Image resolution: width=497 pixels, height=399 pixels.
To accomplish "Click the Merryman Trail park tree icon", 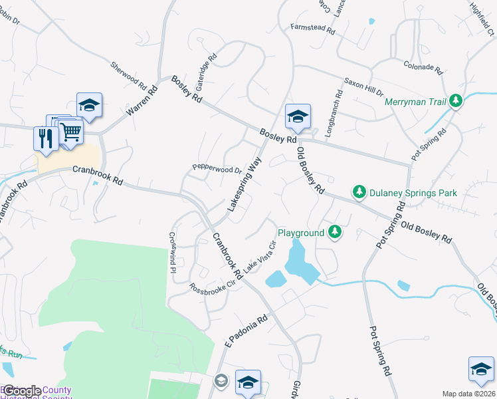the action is (x=455, y=101).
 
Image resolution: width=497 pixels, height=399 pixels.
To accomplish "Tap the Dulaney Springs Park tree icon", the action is (x=359, y=192).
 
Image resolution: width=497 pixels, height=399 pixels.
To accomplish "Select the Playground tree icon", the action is (x=336, y=232).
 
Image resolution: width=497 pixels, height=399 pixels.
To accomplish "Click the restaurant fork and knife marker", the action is (x=45, y=138).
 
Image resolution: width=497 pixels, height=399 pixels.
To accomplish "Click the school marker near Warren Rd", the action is (x=89, y=104).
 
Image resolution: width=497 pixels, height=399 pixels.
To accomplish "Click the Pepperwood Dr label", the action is (x=217, y=169).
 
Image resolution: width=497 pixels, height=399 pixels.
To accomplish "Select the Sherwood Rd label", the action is (x=129, y=76).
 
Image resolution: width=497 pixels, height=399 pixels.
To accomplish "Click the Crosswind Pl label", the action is (x=172, y=252).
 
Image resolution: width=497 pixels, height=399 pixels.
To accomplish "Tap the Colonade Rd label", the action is (x=423, y=66).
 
